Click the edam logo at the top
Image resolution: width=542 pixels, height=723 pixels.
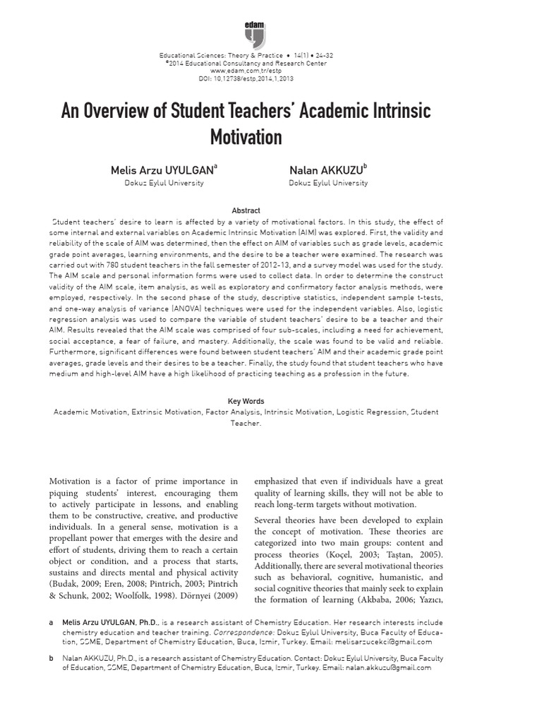tap(254, 33)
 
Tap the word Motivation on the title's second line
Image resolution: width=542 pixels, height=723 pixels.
tap(246, 136)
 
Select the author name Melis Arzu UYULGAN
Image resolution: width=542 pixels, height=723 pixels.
tap(162, 171)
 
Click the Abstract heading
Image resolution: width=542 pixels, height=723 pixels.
tap(246, 210)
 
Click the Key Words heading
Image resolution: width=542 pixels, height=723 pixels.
tap(246, 402)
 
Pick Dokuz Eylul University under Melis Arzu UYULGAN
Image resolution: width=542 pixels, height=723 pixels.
tap(164, 183)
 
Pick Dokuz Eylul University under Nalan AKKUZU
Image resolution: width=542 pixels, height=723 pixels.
tap(328, 183)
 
